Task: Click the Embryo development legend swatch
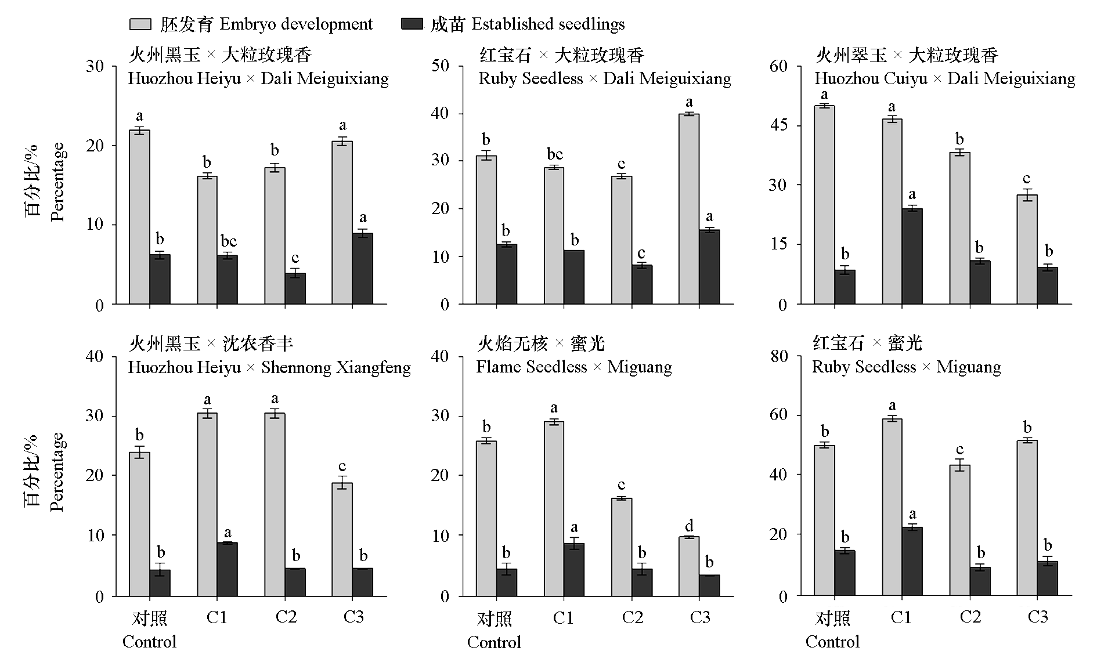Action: [x=139, y=24]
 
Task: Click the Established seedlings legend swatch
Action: [x=412, y=24]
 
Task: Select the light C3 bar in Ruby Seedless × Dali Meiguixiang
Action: [x=688, y=209]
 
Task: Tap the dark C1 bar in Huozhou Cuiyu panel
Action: [x=912, y=256]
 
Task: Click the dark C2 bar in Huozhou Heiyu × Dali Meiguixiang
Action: [x=295, y=288]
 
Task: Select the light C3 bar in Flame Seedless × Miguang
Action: [x=688, y=566]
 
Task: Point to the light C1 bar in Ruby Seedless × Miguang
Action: [x=892, y=507]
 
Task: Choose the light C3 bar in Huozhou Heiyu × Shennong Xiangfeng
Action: [x=342, y=540]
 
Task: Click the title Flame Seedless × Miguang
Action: [x=573, y=367]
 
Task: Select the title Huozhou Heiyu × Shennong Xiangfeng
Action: [x=269, y=367]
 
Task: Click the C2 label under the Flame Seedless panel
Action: [x=632, y=616]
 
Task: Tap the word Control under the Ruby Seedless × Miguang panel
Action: [x=832, y=642]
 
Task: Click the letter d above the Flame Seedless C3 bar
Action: [x=689, y=526]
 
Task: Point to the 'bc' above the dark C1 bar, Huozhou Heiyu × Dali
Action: [x=228, y=241]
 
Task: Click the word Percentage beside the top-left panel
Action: [x=57, y=182]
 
